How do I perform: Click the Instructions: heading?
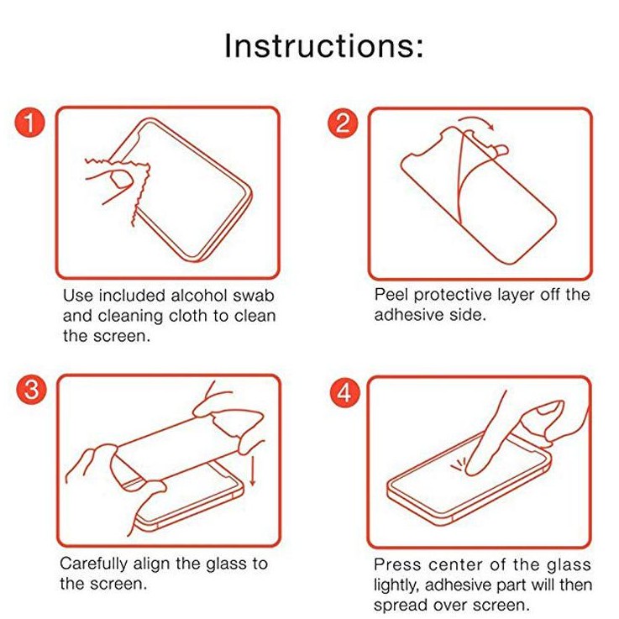click(323, 46)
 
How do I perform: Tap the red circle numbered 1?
click(30, 122)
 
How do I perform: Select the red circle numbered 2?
click(343, 123)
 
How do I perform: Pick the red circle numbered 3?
click(31, 389)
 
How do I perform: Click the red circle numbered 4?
click(344, 393)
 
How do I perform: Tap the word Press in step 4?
click(397, 564)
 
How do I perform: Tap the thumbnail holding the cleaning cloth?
click(121, 179)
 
